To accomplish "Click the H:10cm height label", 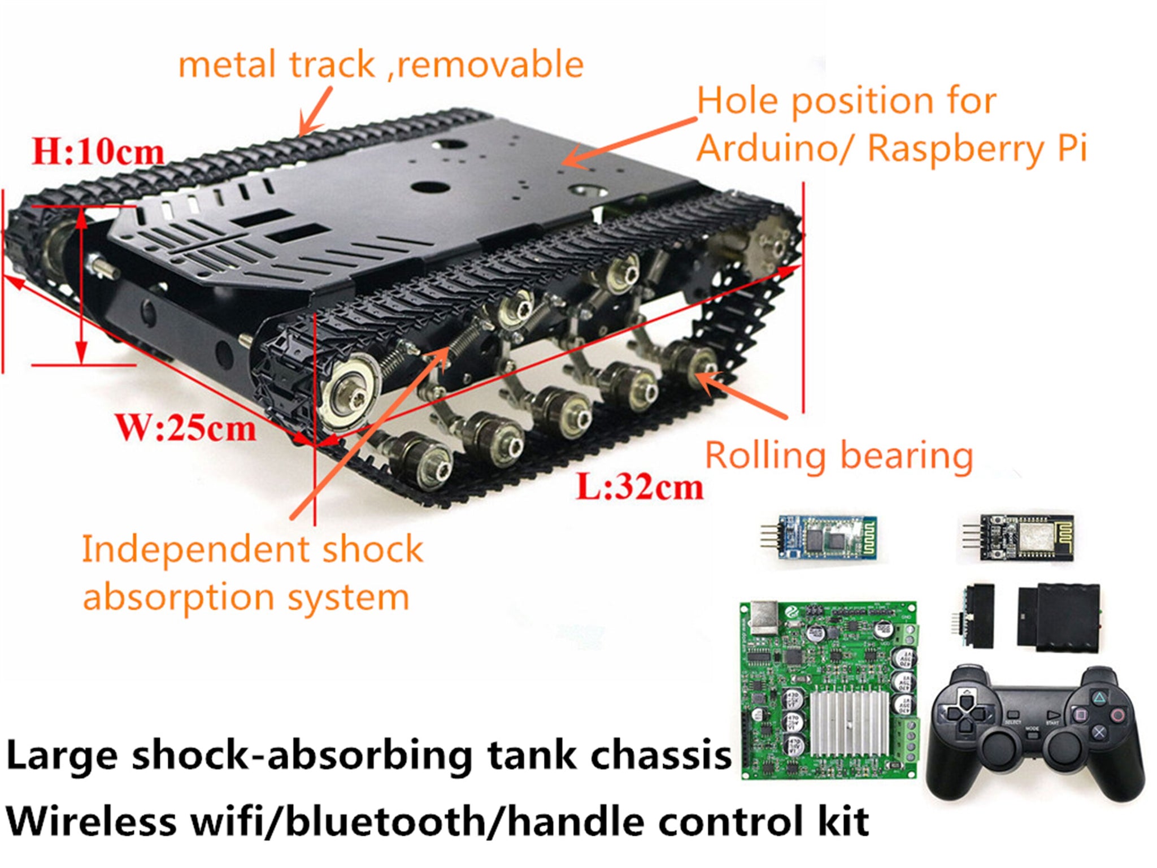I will [97, 151].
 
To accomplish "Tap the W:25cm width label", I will [186, 428].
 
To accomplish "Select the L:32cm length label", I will [640, 486].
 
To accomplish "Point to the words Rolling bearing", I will [839, 455].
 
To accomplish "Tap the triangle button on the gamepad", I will [1099, 698].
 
